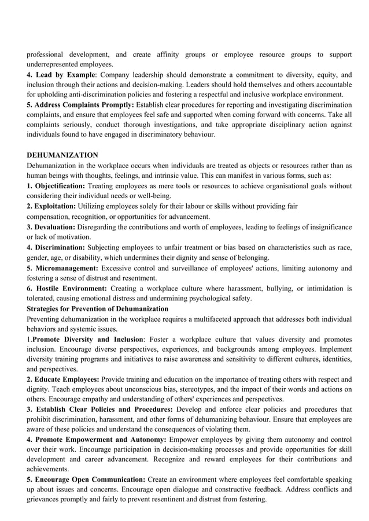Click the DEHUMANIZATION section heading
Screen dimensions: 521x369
coord(62,155)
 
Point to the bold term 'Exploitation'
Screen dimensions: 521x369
coord(55,206)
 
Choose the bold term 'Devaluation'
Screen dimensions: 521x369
coord(55,226)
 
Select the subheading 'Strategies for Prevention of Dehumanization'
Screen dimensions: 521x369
coord(98,309)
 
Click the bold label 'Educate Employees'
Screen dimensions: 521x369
coord(67,379)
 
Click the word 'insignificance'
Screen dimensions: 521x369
coord(327,226)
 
